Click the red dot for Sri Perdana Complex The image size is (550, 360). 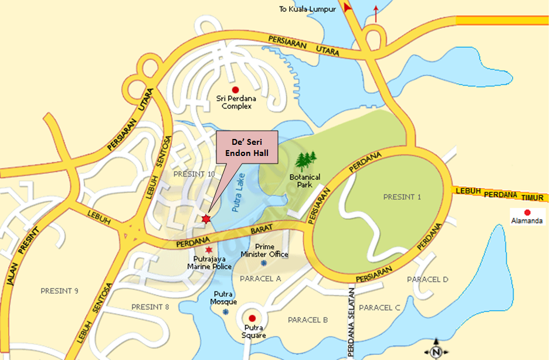(x=236, y=90)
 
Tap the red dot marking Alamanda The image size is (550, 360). (x=527, y=212)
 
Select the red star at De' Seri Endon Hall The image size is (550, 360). (x=206, y=219)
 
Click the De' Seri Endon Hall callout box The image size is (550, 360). (x=247, y=145)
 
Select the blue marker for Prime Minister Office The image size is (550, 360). (x=264, y=263)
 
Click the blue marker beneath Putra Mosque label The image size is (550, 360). (x=225, y=311)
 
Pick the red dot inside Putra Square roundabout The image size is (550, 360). (x=252, y=318)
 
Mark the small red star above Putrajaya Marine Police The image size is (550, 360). (x=209, y=250)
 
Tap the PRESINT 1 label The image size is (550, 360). (x=402, y=197)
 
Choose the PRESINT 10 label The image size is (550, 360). (x=195, y=174)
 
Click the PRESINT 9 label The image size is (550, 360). (x=59, y=291)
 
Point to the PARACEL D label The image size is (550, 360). (x=427, y=280)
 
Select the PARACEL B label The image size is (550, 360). (x=307, y=320)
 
